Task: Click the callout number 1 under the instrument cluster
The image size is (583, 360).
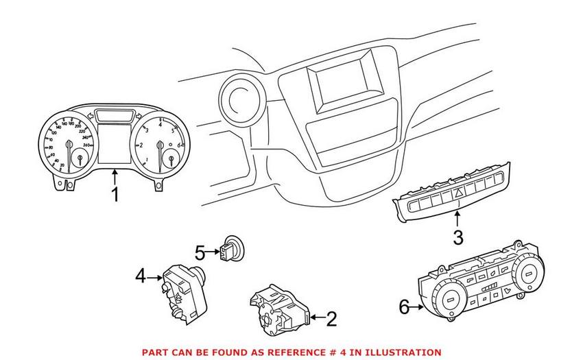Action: tap(115, 195)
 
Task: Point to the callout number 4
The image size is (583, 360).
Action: tap(141, 276)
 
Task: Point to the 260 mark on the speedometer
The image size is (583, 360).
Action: tap(87, 145)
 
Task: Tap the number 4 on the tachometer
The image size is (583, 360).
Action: tap(160, 125)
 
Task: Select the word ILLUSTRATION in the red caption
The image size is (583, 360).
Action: tap(401, 352)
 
